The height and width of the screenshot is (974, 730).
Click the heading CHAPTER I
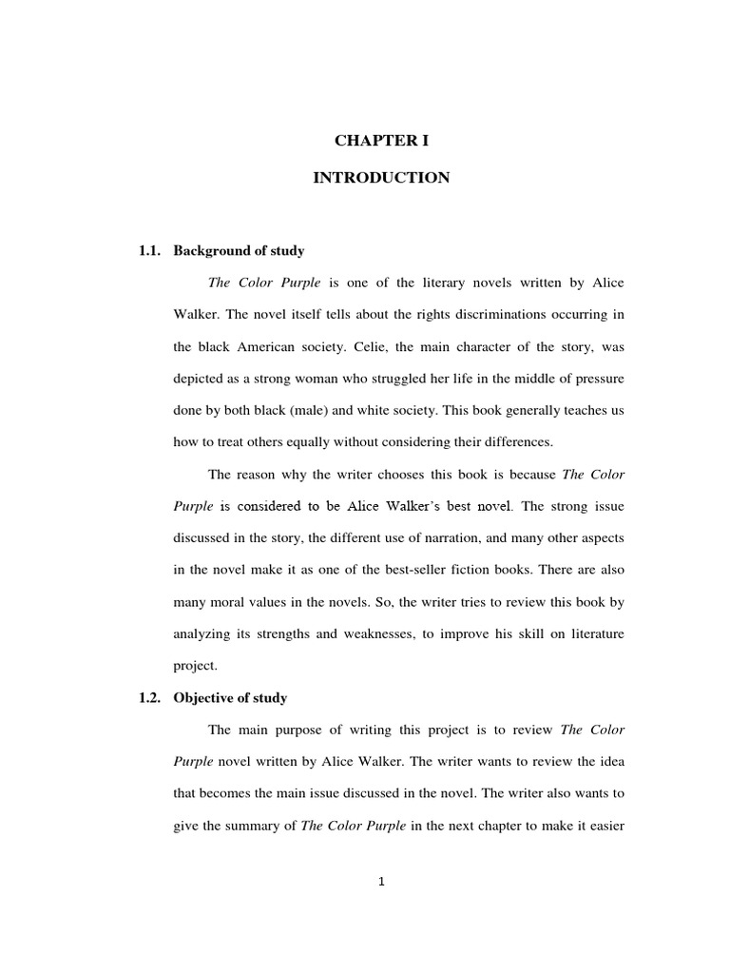coord(381,141)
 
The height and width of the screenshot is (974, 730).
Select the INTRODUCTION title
coord(381,178)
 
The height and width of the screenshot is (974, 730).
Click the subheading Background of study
coord(239,251)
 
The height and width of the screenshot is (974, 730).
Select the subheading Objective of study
coord(230,698)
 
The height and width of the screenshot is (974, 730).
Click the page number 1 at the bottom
coord(381,882)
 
